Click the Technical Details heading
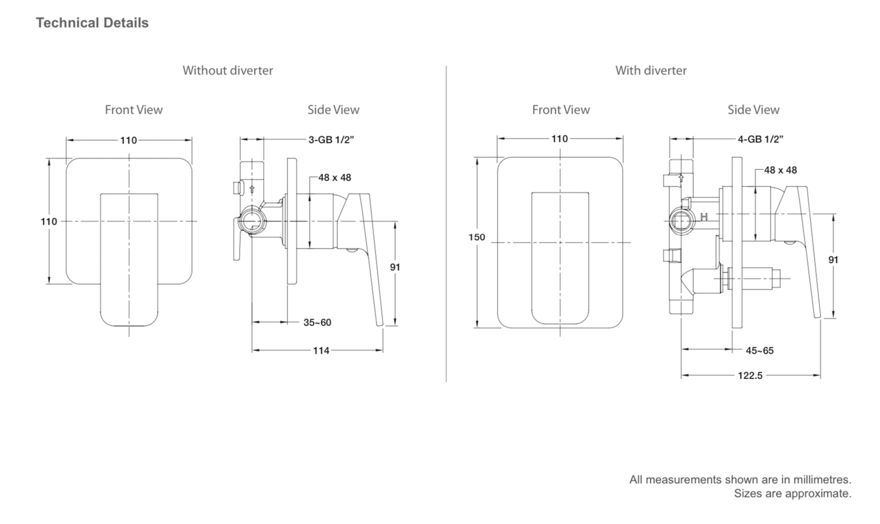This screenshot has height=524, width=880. [x=92, y=23]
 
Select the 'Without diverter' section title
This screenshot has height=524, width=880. [x=228, y=71]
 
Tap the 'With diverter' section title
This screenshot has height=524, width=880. [x=650, y=71]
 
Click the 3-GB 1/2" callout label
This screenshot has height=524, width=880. [x=331, y=140]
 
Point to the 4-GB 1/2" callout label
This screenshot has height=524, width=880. [x=760, y=140]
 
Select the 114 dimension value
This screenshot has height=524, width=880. [x=321, y=350]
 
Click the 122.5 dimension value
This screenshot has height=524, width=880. [x=750, y=375]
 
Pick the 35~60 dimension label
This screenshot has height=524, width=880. [x=317, y=322]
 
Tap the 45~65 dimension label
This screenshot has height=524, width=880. [x=759, y=350]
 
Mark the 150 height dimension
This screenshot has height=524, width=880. [x=477, y=237]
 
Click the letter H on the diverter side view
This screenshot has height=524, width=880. [x=704, y=217]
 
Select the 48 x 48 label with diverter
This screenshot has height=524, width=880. [x=780, y=170]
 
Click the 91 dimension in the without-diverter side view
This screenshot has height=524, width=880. [x=395, y=267]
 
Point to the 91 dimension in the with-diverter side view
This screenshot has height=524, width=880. [x=833, y=260]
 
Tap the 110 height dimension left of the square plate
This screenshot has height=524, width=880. [x=49, y=222]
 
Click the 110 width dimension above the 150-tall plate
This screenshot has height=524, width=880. [x=559, y=139]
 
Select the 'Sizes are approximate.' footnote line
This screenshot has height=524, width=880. [x=792, y=494]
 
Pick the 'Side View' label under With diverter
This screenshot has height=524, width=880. [x=753, y=110]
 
